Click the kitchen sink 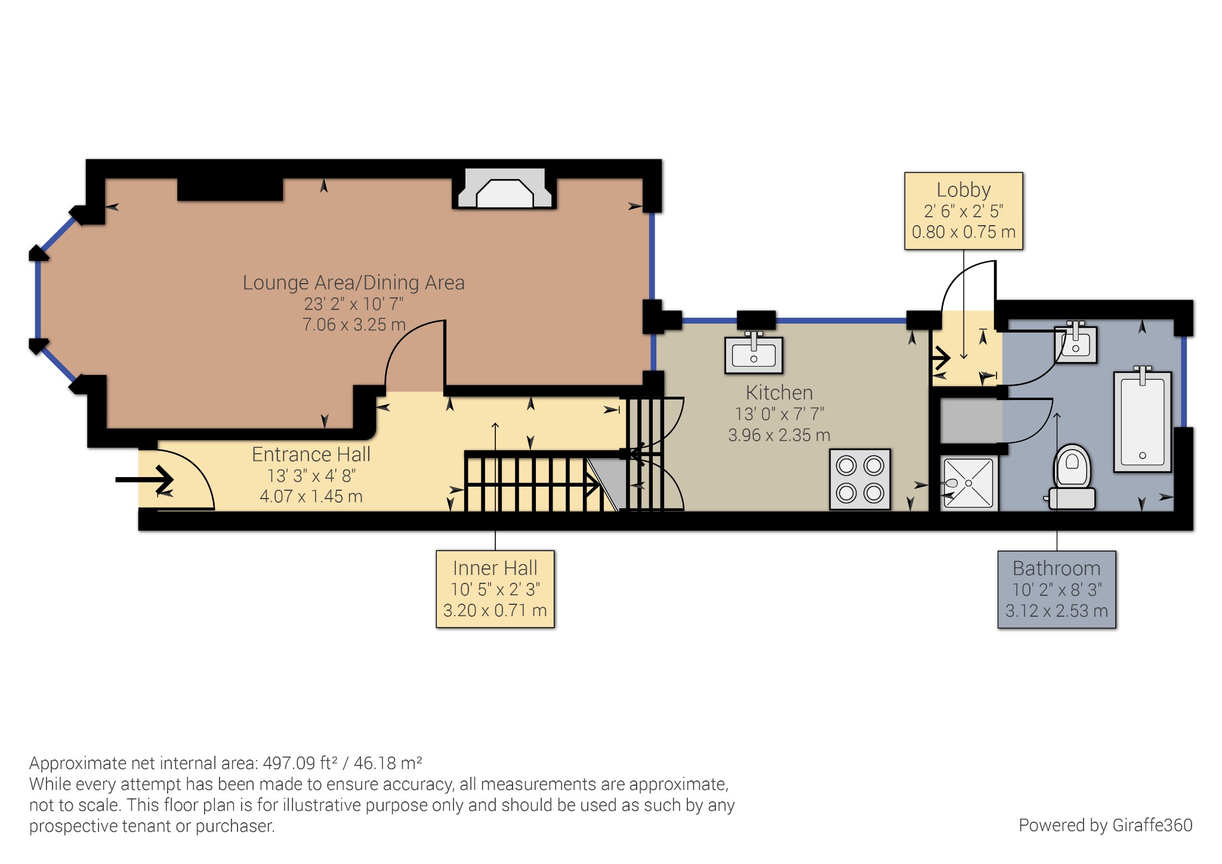point(754,355)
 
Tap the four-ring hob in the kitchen point(860,479)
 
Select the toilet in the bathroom point(1072,478)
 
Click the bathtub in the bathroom point(1142,421)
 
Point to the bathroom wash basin point(1076,345)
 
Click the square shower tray point(969,483)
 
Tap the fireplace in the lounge point(504,189)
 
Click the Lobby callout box point(963,211)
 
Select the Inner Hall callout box point(495,589)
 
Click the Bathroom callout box point(1056,589)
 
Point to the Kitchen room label point(779,393)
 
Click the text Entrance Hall point(311,454)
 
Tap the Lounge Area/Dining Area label point(353,282)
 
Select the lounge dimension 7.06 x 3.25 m point(353,325)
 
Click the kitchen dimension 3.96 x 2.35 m point(779,435)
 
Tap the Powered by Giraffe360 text point(1105,825)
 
